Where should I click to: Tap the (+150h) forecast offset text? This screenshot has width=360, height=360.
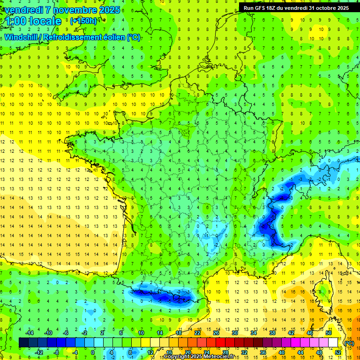[x=83, y=21]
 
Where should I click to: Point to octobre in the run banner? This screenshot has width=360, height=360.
[x=326, y=8]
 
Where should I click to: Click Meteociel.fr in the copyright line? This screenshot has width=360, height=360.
[x=219, y=357]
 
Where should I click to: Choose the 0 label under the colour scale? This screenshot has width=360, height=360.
[x=93, y=352]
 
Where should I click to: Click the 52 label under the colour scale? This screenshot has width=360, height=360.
[x=338, y=352]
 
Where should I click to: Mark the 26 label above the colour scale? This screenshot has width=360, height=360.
[x=216, y=333]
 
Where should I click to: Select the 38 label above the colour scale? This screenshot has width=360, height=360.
[x=272, y=333]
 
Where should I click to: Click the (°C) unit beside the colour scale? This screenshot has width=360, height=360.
[x=349, y=343]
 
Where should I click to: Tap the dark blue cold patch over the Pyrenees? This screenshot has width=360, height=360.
[x=162, y=296]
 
